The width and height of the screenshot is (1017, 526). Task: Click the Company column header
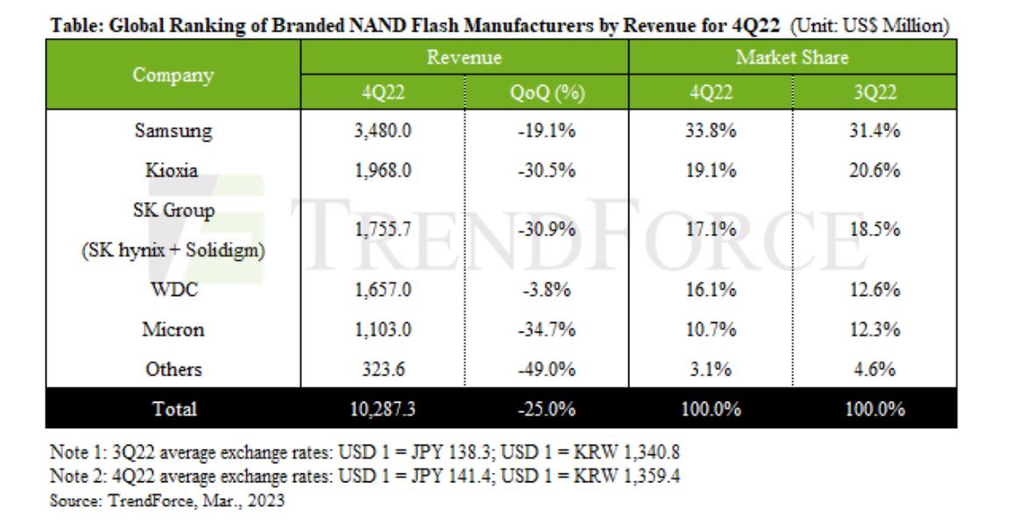(172, 75)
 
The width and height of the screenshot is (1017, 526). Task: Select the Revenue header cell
(464, 58)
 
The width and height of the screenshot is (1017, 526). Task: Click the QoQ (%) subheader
(546, 93)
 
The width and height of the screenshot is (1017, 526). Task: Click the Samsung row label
(172, 132)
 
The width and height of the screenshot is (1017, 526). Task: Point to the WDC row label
(172, 291)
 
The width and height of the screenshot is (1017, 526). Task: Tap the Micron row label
(172, 330)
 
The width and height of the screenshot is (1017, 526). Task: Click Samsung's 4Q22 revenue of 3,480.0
(382, 132)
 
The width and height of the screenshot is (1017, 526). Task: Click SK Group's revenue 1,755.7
(382, 231)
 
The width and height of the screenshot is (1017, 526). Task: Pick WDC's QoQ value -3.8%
(546, 291)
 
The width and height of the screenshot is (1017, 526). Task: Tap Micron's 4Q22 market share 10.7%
(710, 330)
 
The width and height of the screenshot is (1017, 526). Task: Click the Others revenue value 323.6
(382, 369)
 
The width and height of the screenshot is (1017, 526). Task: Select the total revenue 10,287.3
(382, 409)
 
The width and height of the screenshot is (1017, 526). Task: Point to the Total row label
(172, 409)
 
